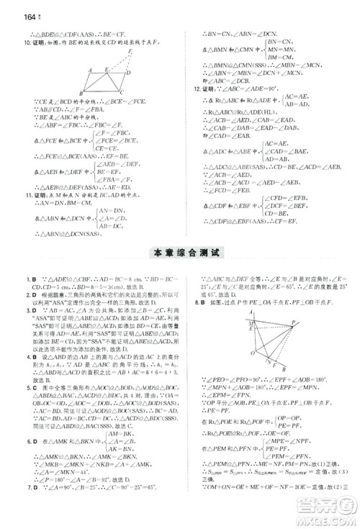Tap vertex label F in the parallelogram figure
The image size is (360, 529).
click(130, 50)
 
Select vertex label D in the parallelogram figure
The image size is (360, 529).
click(128, 73)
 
